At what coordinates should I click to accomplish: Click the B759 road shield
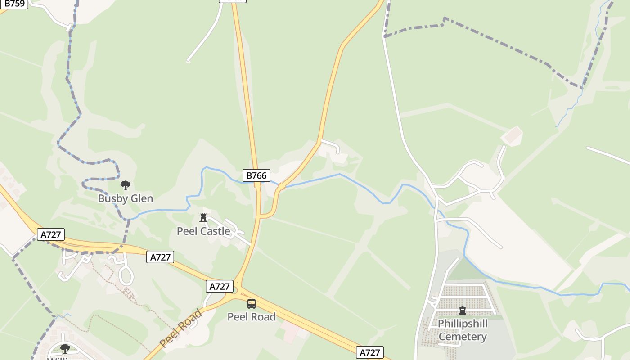tap(14, 4)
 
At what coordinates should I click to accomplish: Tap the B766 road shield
tap(256, 175)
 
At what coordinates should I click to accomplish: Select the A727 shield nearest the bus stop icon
tap(220, 286)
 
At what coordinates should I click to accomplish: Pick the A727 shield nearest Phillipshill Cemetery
tap(370, 353)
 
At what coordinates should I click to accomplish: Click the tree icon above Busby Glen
tap(126, 185)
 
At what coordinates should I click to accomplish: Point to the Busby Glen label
tap(126, 198)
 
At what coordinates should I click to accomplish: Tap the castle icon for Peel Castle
tap(203, 218)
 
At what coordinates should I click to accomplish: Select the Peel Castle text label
tap(203, 231)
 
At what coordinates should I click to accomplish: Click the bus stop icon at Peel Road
tap(252, 304)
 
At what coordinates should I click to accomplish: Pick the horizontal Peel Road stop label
tap(252, 317)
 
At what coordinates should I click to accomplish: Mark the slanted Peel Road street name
tap(181, 328)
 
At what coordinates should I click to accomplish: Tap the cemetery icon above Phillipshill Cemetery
tap(462, 310)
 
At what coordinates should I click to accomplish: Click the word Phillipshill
tap(463, 324)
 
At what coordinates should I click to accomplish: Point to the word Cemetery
tap(463, 337)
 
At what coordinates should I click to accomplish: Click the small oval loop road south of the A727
tap(126, 275)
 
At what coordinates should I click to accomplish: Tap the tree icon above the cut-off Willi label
tap(65, 348)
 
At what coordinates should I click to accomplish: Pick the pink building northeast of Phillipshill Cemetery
tap(513, 135)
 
